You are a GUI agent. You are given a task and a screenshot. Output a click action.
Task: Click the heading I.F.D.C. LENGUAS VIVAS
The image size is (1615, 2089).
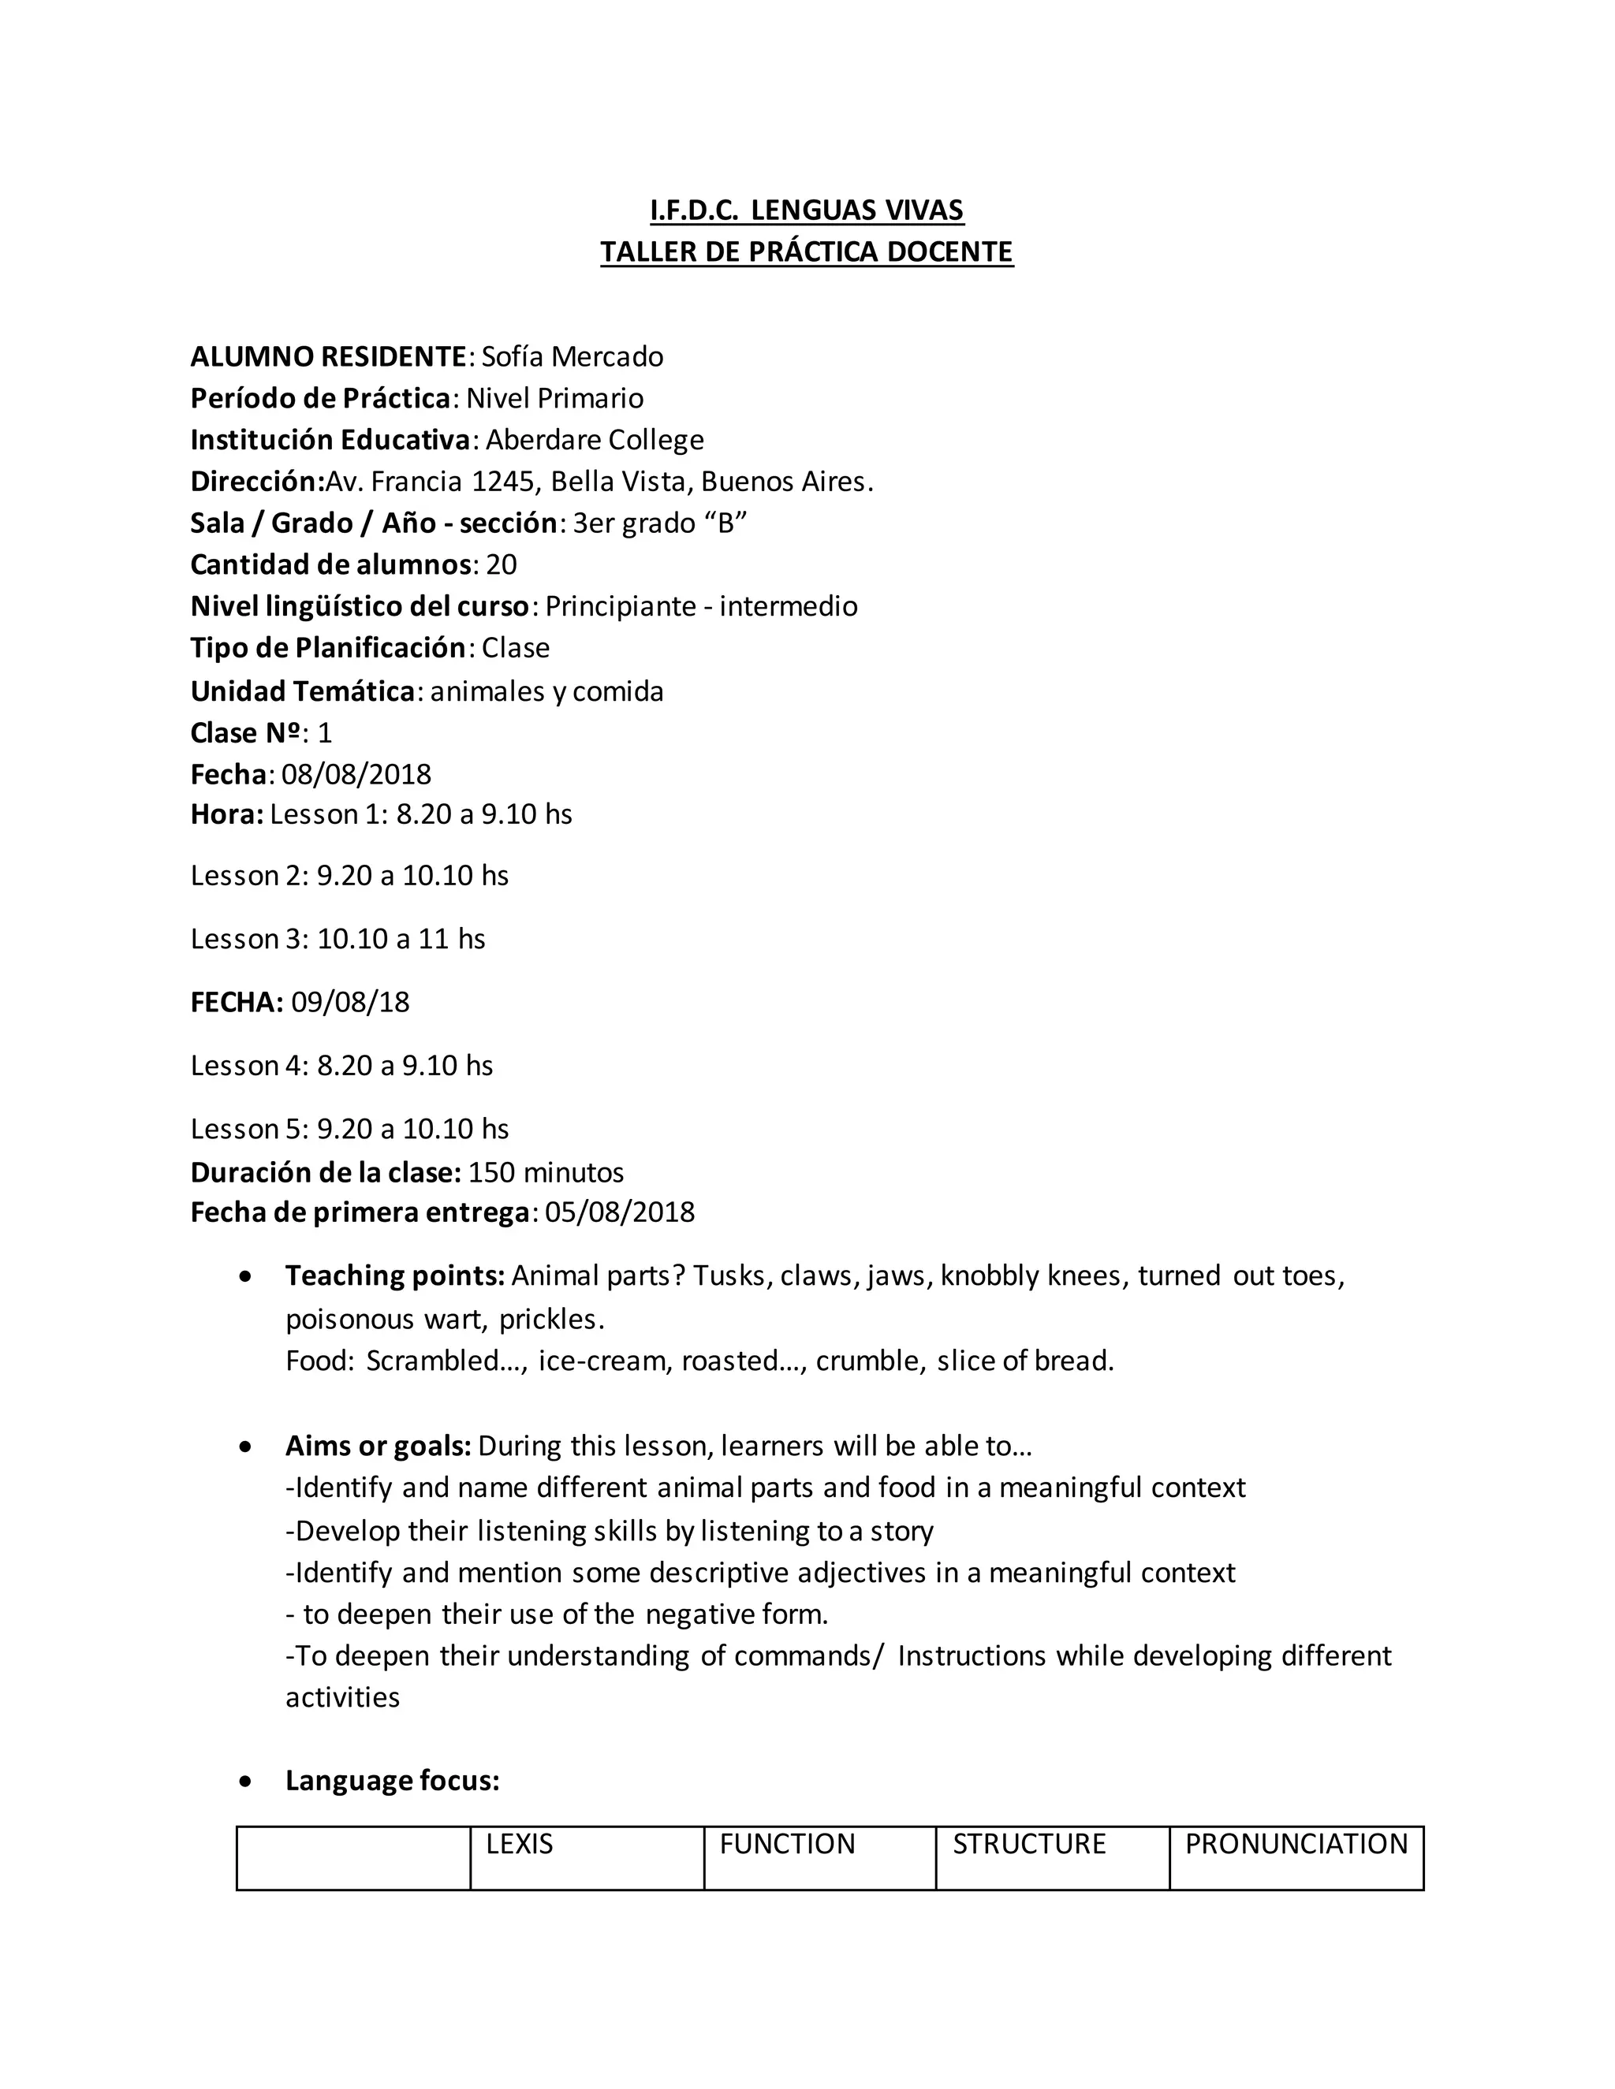(x=807, y=210)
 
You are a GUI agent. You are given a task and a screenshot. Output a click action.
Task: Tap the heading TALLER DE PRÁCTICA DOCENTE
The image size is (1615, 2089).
(x=807, y=251)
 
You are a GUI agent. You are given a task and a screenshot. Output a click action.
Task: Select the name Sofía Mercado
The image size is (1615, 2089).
(x=573, y=357)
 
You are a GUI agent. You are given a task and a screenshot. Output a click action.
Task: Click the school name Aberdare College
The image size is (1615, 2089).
(x=594, y=440)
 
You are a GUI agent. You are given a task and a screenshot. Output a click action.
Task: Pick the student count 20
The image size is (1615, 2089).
(x=502, y=564)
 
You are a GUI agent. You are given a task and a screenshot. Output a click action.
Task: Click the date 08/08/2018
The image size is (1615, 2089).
(x=356, y=774)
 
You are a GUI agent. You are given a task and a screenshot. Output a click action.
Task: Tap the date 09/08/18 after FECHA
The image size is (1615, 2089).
(x=350, y=1003)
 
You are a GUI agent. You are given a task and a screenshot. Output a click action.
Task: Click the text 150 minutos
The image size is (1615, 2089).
(x=546, y=1173)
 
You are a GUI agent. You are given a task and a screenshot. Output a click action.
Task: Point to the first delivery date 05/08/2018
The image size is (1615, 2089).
(x=620, y=1213)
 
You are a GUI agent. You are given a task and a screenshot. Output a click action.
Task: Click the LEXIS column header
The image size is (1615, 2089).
(x=520, y=1844)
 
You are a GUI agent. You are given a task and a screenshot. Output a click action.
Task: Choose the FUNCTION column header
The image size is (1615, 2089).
(x=786, y=1844)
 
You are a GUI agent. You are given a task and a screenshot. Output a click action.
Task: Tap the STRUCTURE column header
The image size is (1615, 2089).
(x=1028, y=1844)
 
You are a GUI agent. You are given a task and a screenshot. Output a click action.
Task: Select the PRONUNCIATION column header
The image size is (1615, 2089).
(x=1296, y=1844)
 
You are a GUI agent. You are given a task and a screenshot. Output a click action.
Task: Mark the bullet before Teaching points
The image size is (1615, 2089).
(x=247, y=1277)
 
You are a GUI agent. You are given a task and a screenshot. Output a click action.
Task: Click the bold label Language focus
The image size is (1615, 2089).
(x=392, y=1781)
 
